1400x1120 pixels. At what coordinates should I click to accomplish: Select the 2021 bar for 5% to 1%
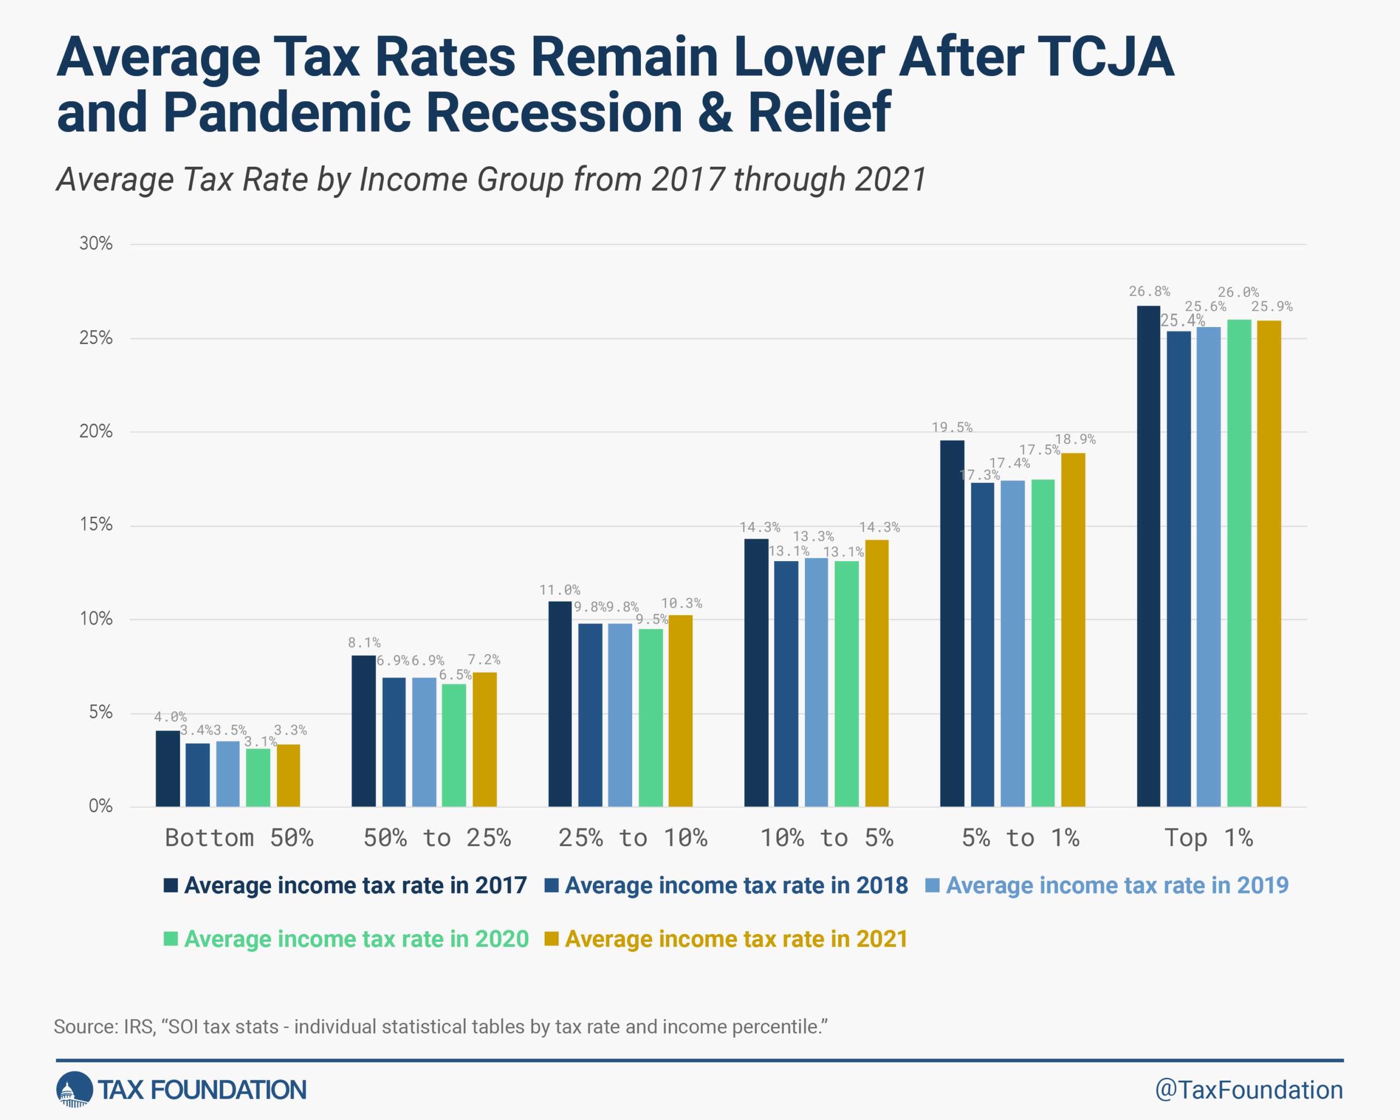(1073, 630)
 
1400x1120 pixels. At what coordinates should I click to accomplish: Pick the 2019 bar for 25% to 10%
(620, 715)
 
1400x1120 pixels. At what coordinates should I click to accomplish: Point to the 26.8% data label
(1148, 291)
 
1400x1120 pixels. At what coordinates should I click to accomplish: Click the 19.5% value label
(952, 427)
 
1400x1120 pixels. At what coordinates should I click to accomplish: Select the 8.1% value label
(364, 643)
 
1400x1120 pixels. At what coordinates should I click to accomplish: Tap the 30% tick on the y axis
(96, 244)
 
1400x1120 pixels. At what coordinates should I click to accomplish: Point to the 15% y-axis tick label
(96, 524)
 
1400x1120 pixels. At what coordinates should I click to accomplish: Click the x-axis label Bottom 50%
(239, 838)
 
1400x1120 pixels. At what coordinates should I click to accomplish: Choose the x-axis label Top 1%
(1208, 838)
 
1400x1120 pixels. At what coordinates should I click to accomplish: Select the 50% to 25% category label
(436, 838)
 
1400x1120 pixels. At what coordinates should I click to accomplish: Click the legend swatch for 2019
(932, 885)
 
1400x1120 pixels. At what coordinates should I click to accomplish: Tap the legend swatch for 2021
(551, 939)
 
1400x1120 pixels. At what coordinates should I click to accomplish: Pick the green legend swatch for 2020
(171, 939)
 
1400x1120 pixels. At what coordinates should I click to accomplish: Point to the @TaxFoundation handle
(1248, 1090)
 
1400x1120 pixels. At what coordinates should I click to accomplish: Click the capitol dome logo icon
(74, 1089)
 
